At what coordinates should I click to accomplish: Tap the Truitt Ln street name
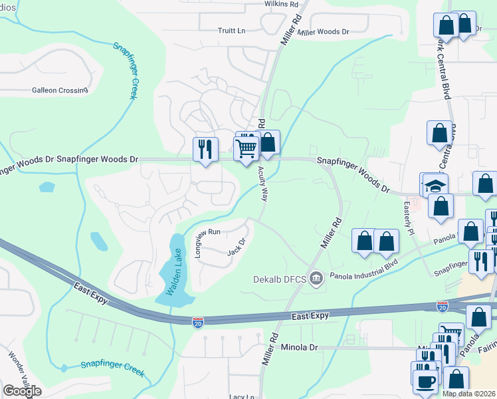click(x=232, y=31)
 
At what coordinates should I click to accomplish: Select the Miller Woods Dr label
click(x=324, y=32)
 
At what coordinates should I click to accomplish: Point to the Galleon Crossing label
click(x=60, y=90)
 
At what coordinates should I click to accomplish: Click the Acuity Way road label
click(x=264, y=184)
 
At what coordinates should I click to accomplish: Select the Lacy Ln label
click(x=242, y=396)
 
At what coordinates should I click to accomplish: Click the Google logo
click(x=22, y=391)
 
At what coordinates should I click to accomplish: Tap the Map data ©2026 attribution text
click(x=469, y=394)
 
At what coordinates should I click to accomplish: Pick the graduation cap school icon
click(x=435, y=186)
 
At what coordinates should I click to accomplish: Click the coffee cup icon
click(x=425, y=381)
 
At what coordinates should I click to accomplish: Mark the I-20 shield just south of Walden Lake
click(x=198, y=322)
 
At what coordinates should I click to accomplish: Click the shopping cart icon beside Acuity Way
click(x=247, y=148)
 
